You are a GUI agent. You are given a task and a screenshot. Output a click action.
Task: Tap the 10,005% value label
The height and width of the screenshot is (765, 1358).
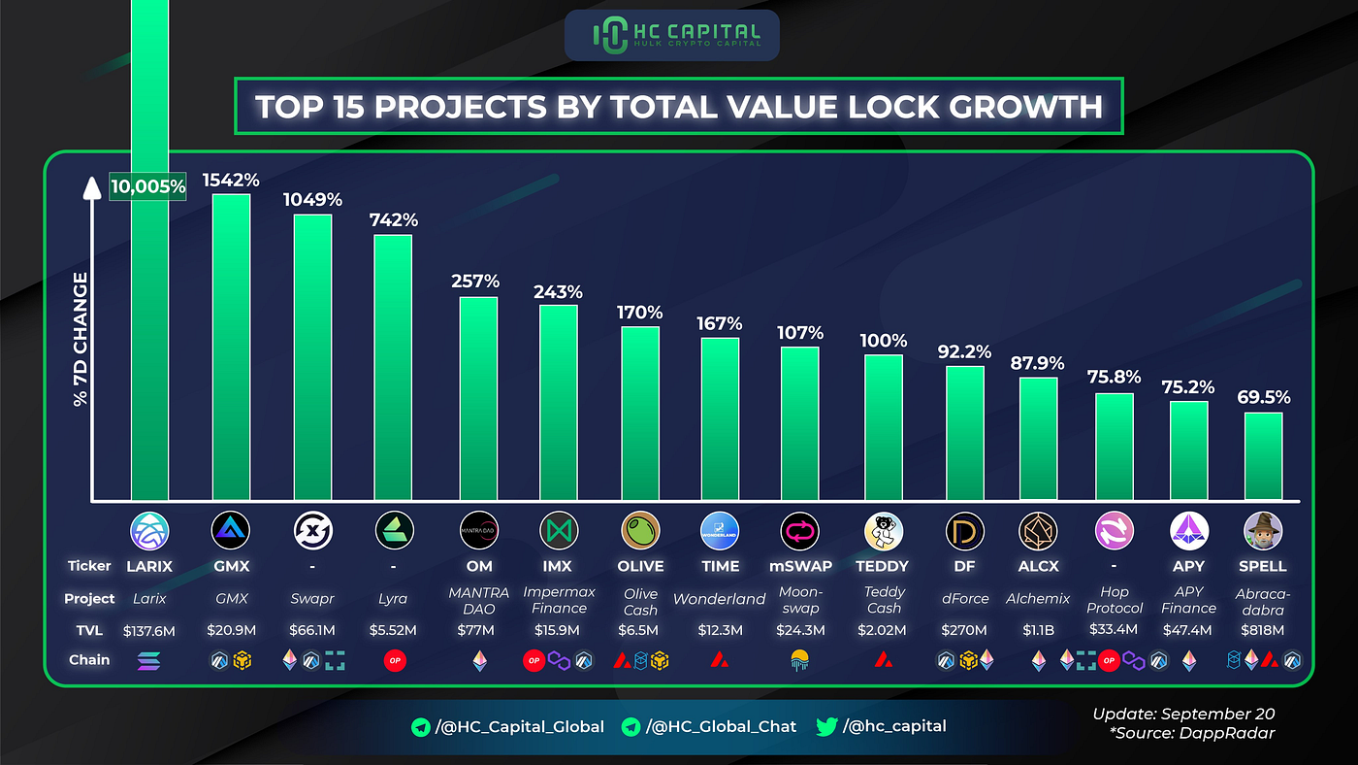[x=147, y=185]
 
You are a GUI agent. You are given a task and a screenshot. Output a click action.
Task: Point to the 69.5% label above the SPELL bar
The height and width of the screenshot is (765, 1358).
[x=1263, y=396]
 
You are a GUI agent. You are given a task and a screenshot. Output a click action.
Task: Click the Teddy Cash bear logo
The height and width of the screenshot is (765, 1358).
[x=883, y=530]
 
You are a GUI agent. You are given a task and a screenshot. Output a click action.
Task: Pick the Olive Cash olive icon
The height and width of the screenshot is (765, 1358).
[x=640, y=530]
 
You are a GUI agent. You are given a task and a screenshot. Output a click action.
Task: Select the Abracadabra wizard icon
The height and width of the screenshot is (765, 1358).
[x=1263, y=530]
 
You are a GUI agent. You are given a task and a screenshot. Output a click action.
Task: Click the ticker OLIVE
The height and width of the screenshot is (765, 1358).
[x=640, y=566]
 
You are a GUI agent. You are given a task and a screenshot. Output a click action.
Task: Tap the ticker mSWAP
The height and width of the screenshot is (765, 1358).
[x=800, y=566]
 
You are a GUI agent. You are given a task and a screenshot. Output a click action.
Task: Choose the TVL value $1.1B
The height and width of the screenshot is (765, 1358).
[x=1039, y=629]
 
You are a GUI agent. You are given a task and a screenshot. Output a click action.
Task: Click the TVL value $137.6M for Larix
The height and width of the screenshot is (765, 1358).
[x=148, y=629]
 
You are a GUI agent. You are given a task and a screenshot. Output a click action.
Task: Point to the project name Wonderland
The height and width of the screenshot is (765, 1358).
[x=720, y=599]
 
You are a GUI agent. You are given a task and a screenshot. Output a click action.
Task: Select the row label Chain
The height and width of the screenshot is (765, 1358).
[x=89, y=660]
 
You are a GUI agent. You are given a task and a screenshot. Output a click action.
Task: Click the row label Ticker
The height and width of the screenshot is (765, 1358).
[x=90, y=566]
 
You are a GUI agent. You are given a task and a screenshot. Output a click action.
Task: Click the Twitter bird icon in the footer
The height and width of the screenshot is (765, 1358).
[x=826, y=726]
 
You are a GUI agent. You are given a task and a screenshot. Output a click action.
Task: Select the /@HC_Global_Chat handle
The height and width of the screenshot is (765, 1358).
[x=718, y=726]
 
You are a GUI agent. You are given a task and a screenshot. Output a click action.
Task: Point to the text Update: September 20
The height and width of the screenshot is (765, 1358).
[x=1183, y=715]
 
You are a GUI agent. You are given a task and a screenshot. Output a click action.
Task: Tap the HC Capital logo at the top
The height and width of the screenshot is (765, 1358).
[x=671, y=35]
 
